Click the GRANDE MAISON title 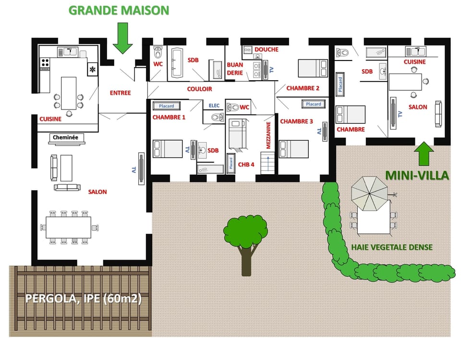[119, 11]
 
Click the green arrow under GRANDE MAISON [123, 39]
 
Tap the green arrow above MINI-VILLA [424, 154]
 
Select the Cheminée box [66, 138]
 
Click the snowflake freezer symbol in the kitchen [92, 70]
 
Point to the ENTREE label [120, 93]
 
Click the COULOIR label [199, 89]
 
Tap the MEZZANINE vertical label [268, 135]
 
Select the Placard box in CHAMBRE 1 [167, 106]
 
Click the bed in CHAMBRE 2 [313, 68]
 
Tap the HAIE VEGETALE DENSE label [392, 247]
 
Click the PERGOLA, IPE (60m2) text [83, 299]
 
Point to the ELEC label [214, 106]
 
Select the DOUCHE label [267, 49]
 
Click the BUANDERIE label [235, 69]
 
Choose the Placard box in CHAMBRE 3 [314, 104]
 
